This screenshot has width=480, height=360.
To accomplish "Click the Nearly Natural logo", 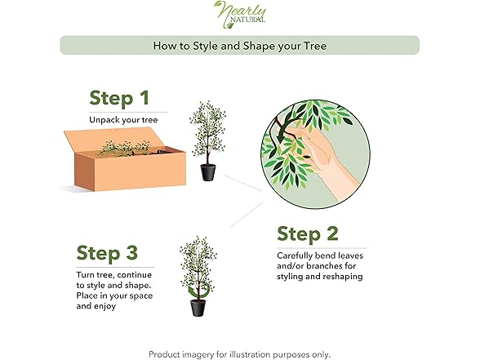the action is pyautogui.click(x=240, y=15).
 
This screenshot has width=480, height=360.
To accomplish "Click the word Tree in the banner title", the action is pyautogui.click(x=315, y=46).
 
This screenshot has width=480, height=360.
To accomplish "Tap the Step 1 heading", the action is pyautogui.click(x=119, y=98).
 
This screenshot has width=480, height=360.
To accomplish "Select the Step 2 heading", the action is pyautogui.click(x=308, y=234).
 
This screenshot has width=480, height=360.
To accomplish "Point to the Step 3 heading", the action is pyautogui.click(x=107, y=253).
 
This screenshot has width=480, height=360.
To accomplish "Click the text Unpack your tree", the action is pyautogui.click(x=123, y=120).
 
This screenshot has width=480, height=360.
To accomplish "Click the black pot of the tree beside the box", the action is pyautogui.click(x=208, y=172).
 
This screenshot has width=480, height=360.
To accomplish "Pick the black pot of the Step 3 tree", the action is pyautogui.click(x=198, y=308).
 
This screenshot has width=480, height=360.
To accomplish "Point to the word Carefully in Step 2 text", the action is pyautogui.click(x=295, y=256).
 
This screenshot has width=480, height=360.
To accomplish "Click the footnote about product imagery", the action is pyautogui.click(x=240, y=354).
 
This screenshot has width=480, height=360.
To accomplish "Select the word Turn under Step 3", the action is pyautogui.click(x=86, y=275).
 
